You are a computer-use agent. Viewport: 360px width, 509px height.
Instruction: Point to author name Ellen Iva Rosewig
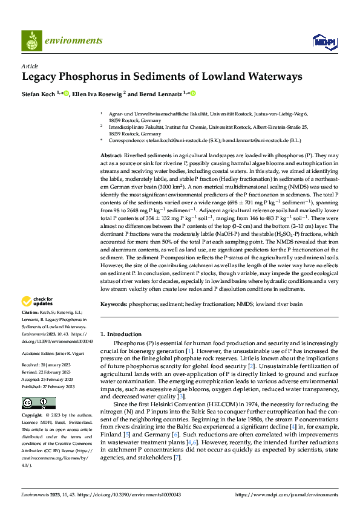point(97,94)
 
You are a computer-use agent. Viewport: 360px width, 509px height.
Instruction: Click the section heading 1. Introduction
point(120,334)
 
